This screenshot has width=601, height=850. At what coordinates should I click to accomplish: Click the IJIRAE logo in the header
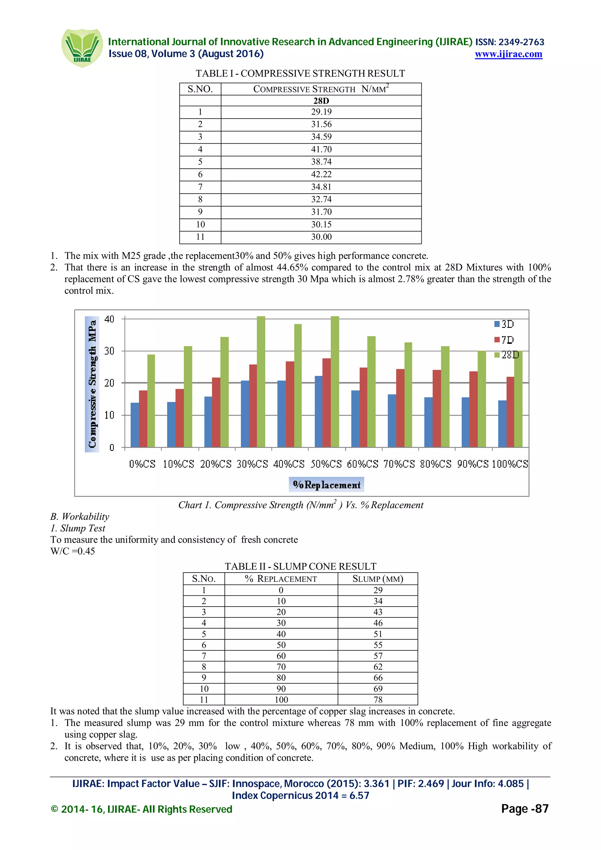[82, 48]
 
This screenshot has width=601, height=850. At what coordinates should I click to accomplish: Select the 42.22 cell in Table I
[321, 174]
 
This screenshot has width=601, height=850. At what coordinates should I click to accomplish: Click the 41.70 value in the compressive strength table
[321, 149]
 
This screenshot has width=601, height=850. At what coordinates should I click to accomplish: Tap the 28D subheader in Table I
[321, 101]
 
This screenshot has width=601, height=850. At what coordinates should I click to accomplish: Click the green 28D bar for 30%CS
[261, 381]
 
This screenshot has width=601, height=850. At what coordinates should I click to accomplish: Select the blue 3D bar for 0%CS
[135, 425]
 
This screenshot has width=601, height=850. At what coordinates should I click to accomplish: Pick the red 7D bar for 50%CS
[327, 403]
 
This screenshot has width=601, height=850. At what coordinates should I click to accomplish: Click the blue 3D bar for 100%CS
[502, 424]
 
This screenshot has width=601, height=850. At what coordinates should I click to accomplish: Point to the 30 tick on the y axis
[109, 351]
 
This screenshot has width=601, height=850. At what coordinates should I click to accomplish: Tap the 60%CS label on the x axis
[362, 464]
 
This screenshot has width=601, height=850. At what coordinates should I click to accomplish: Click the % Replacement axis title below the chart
[326, 485]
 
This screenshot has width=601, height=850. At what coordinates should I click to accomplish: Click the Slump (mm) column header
[377, 579]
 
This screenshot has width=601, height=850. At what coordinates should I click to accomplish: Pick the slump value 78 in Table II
[378, 700]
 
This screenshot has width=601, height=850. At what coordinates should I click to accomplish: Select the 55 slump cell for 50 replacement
[378, 645]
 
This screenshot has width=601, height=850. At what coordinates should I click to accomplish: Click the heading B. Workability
[80, 517]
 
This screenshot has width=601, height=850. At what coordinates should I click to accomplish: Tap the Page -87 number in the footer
[524, 809]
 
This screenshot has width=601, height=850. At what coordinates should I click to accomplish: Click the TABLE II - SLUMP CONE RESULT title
[300, 566]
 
